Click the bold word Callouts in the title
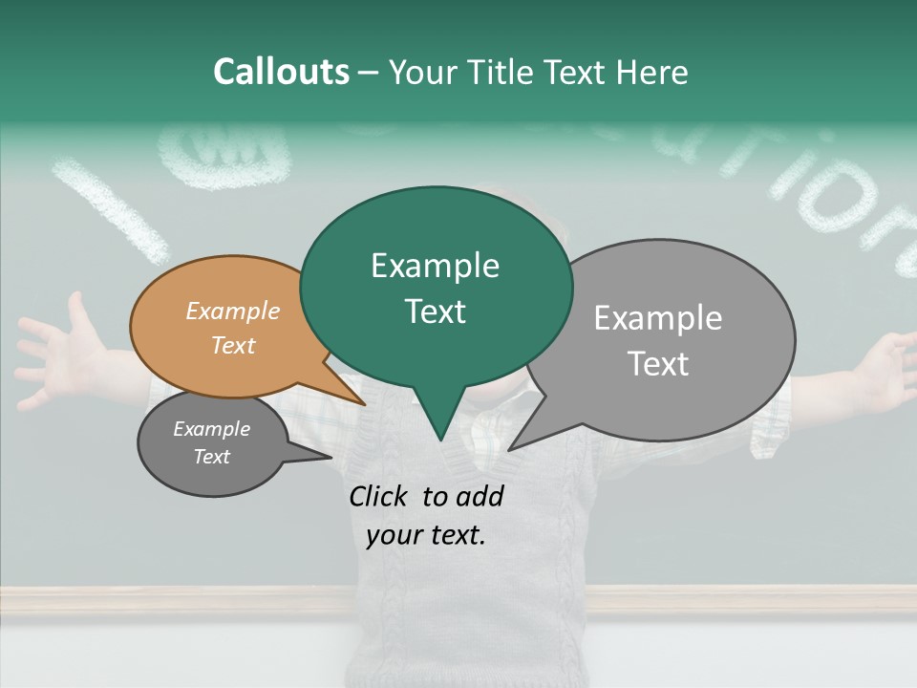pyautogui.click(x=281, y=73)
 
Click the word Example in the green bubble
pyautogui.click(x=435, y=266)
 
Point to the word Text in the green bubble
pyautogui.click(x=435, y=312)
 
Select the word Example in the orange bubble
pyautogui.click(x=233, y=311)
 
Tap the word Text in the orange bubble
pyautogui.click(x=233, y=345)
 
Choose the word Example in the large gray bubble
pyautogui.click(x=658, y=318)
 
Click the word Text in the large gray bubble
pyautogui.click(x=658, y=364)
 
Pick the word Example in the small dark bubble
pyautogui.click(x=211, y=429)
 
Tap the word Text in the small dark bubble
pyautogui.click(x=211, y=457)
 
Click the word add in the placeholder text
pyautogui.click(x=480, y=496)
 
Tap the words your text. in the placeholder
pyautogui.click(x=426, y=535)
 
